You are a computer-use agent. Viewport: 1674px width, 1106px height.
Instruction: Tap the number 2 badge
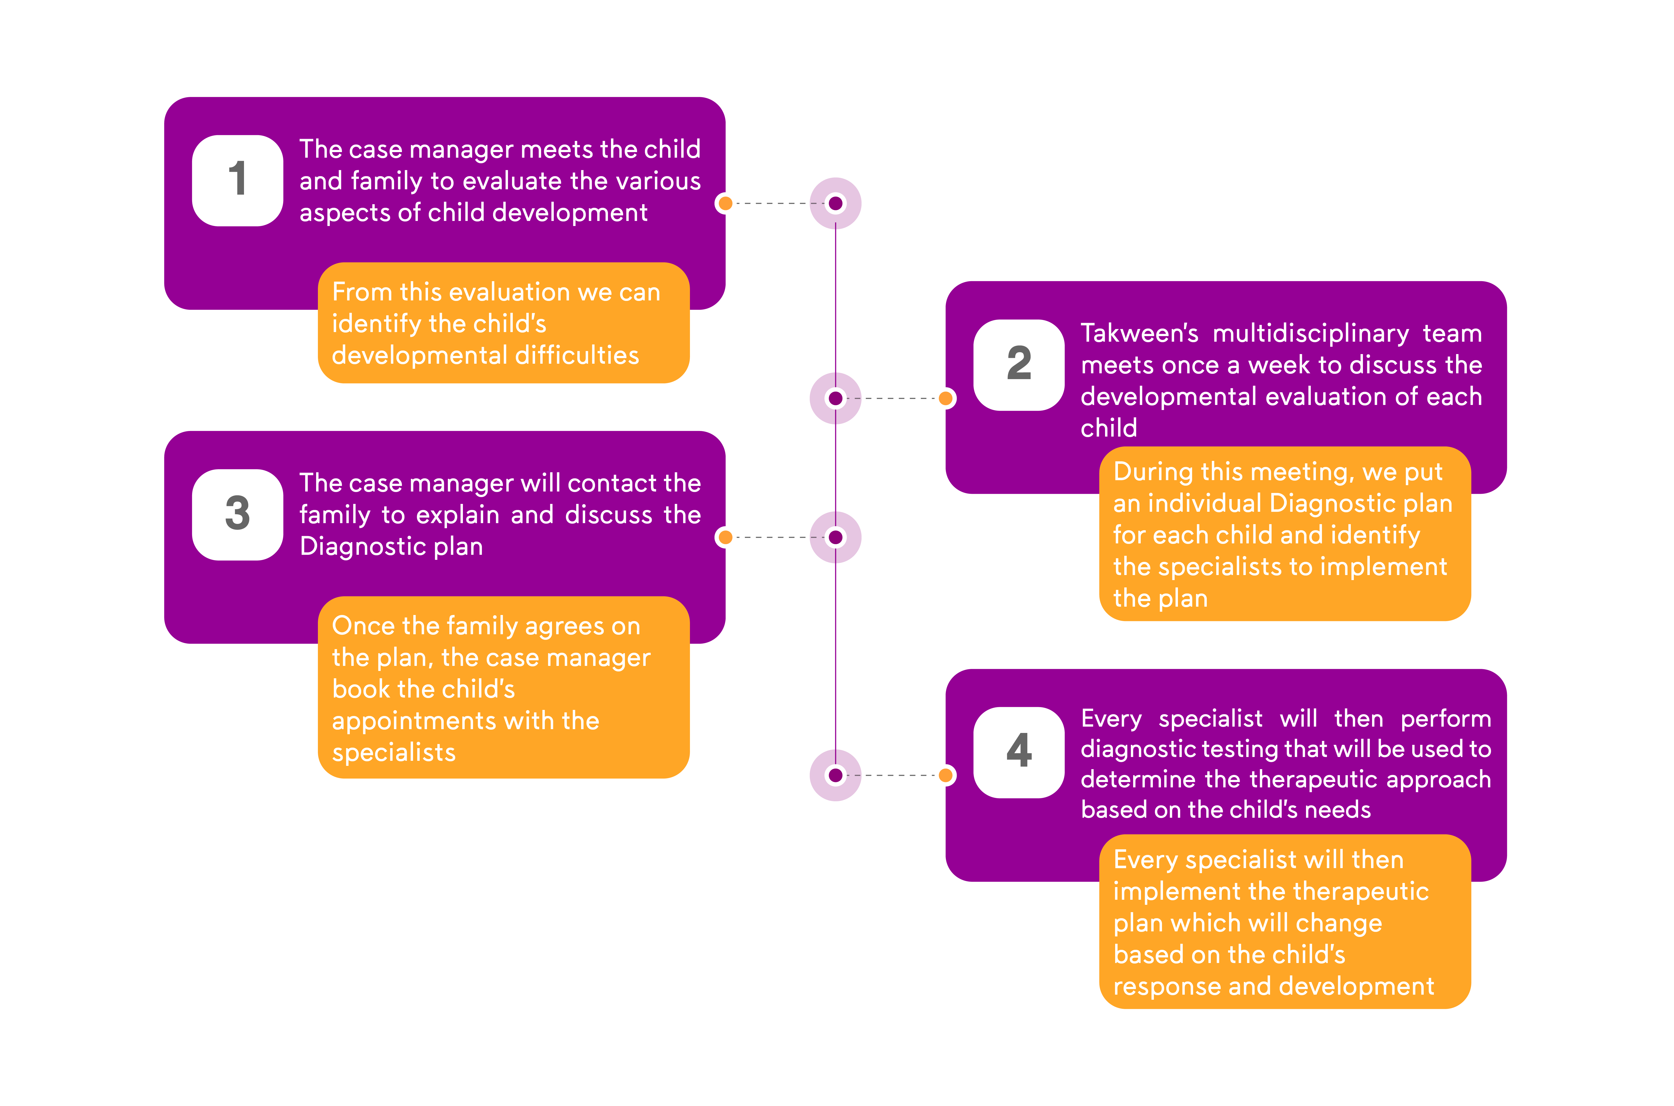point(1019,365)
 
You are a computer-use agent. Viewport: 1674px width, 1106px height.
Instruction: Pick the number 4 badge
point(1019,752)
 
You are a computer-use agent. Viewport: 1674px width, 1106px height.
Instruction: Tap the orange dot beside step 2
point(946,399)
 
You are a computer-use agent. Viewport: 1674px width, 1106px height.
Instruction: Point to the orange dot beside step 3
point(724,538)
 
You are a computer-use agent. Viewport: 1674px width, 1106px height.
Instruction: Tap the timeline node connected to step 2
point(835,399)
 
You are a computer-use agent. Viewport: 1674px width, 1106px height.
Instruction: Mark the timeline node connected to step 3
point(835,538)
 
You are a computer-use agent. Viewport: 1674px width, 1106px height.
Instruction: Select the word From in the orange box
point(362,292)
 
